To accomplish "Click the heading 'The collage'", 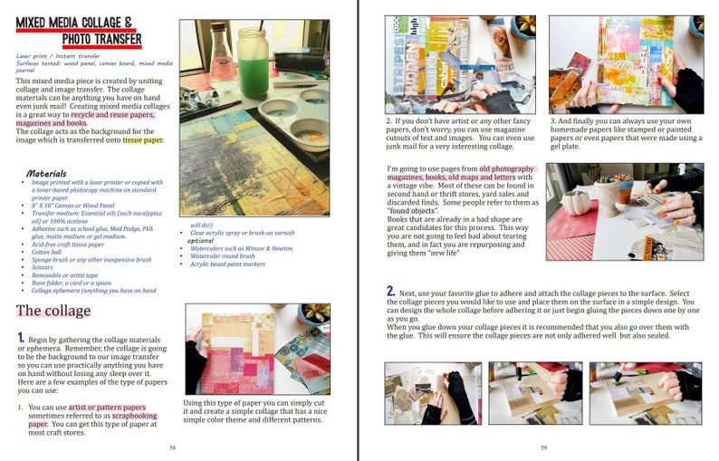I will (x=53, y=311).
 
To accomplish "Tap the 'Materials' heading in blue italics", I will (x=45, y=173).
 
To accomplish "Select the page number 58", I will (x=173, y=447).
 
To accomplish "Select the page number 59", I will (x=543, y=447).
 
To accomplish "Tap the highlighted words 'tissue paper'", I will (x=143, y=139).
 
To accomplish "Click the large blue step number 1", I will (x=20, y=337).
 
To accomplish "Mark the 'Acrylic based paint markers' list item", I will (x=233, y=265).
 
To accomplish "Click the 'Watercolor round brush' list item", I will (x=228, y=256).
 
